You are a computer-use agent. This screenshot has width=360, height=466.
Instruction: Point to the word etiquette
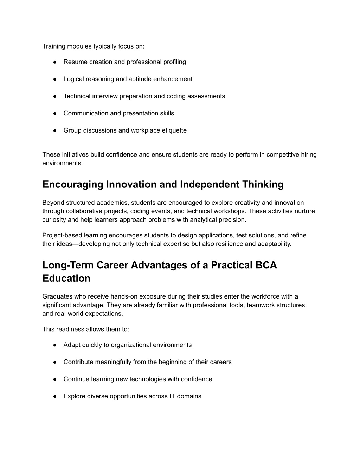coord(174,130)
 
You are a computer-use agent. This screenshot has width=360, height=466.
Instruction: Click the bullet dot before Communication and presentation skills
coord(55,113)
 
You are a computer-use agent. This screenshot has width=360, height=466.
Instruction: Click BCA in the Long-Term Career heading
coord(266,265)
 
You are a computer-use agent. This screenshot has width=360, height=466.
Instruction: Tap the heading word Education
coord(66,279)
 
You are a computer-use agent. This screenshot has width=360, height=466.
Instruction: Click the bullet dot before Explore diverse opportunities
coord(55,396)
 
